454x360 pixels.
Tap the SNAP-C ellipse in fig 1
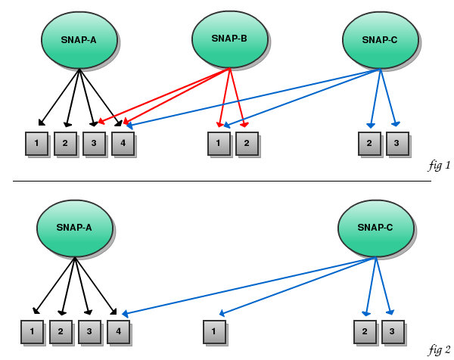click(x=380, y=41)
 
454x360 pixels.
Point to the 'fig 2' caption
click(x=439, y=349)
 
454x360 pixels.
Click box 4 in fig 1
click(x=123, y=143)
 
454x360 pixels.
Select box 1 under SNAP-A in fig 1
click(x=36, y=143)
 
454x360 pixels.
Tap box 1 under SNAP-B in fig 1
click(x=219, y=143)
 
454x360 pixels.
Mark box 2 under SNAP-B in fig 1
click(x=247, y=143)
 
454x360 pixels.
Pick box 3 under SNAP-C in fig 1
click(x=397, y=143)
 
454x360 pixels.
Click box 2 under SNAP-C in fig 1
click(x=369, y=143)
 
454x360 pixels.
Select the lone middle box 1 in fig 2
click(x=214, y=331)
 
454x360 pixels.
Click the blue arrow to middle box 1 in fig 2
click(x=295, y=286)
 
